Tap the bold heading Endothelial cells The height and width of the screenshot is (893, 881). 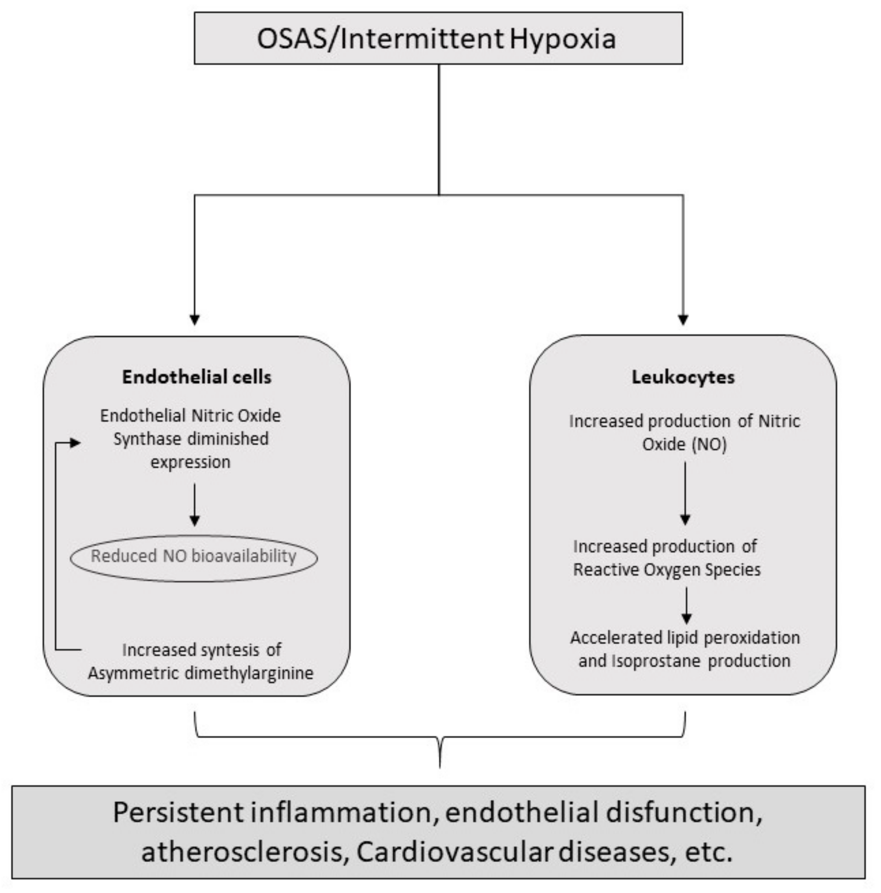[197, 377]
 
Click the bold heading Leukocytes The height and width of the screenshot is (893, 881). [683, 377]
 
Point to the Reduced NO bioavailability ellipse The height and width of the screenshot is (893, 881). [194, 557]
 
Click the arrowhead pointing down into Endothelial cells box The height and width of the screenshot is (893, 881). [195, 319]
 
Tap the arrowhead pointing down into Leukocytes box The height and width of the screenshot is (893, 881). [683, 319]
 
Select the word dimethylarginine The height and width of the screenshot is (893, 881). [249, 673]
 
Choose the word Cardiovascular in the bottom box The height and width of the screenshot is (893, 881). [454, 852]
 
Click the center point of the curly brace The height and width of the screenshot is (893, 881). [439, 751]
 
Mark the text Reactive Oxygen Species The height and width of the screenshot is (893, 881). [667, 570]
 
